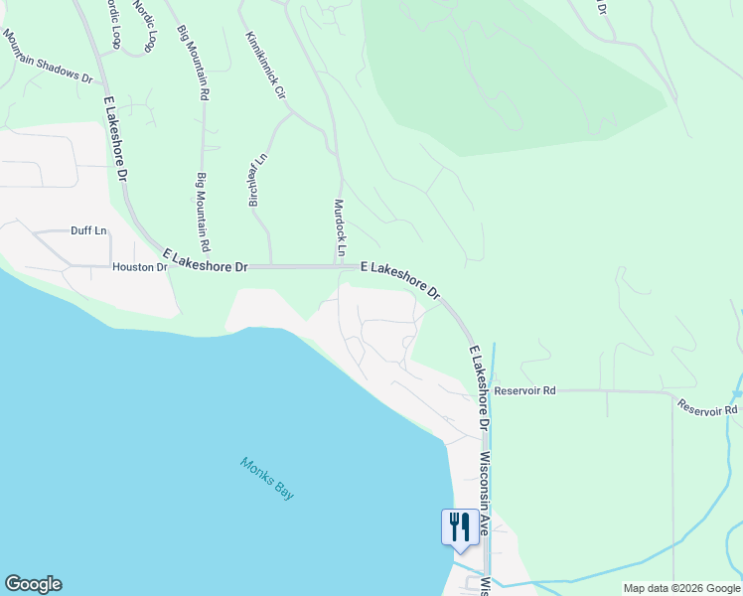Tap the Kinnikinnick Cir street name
(265, 66)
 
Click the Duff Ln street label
(87, 230)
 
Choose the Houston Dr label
(140, 267)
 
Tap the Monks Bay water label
(267, 477)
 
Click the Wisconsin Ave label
(485, 494)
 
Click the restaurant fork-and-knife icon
(459, 525)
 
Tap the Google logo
(33, 584)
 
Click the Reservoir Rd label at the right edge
(708, 408)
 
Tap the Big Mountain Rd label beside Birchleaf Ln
(203, 212)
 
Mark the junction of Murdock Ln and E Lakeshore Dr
(338, 266)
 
